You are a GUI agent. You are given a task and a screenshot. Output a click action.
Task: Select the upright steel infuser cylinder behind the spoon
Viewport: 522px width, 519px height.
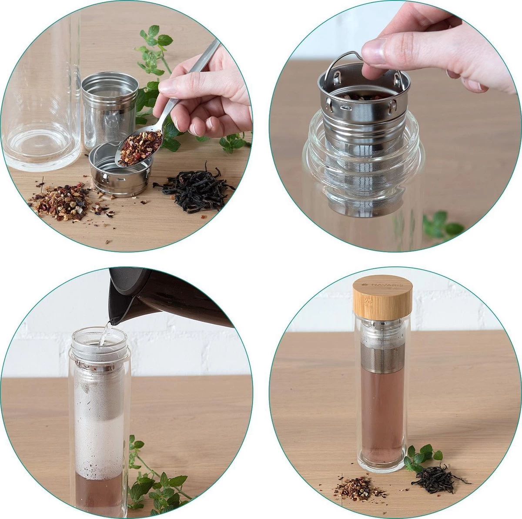[109, 109]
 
